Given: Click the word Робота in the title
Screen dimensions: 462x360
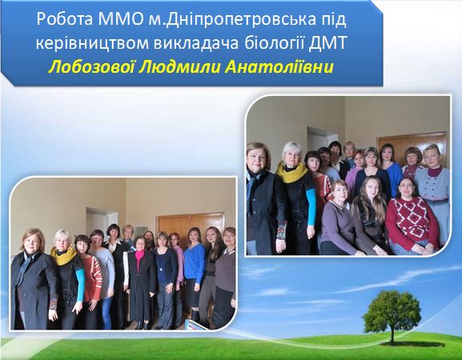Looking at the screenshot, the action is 65,19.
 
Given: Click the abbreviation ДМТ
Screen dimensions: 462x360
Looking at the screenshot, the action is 327,44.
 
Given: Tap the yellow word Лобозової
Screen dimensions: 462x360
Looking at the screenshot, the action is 91,68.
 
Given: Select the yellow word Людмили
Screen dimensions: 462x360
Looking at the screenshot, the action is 179,68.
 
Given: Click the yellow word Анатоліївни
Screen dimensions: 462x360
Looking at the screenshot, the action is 279,68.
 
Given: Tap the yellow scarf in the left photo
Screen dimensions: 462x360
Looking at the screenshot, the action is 63,255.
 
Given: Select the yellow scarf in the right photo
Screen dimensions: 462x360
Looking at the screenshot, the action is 291,172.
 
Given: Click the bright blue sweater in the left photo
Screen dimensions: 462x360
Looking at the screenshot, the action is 195,263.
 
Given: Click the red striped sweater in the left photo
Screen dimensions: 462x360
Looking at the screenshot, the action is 92,274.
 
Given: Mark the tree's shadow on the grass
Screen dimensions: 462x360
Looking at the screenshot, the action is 412,344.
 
